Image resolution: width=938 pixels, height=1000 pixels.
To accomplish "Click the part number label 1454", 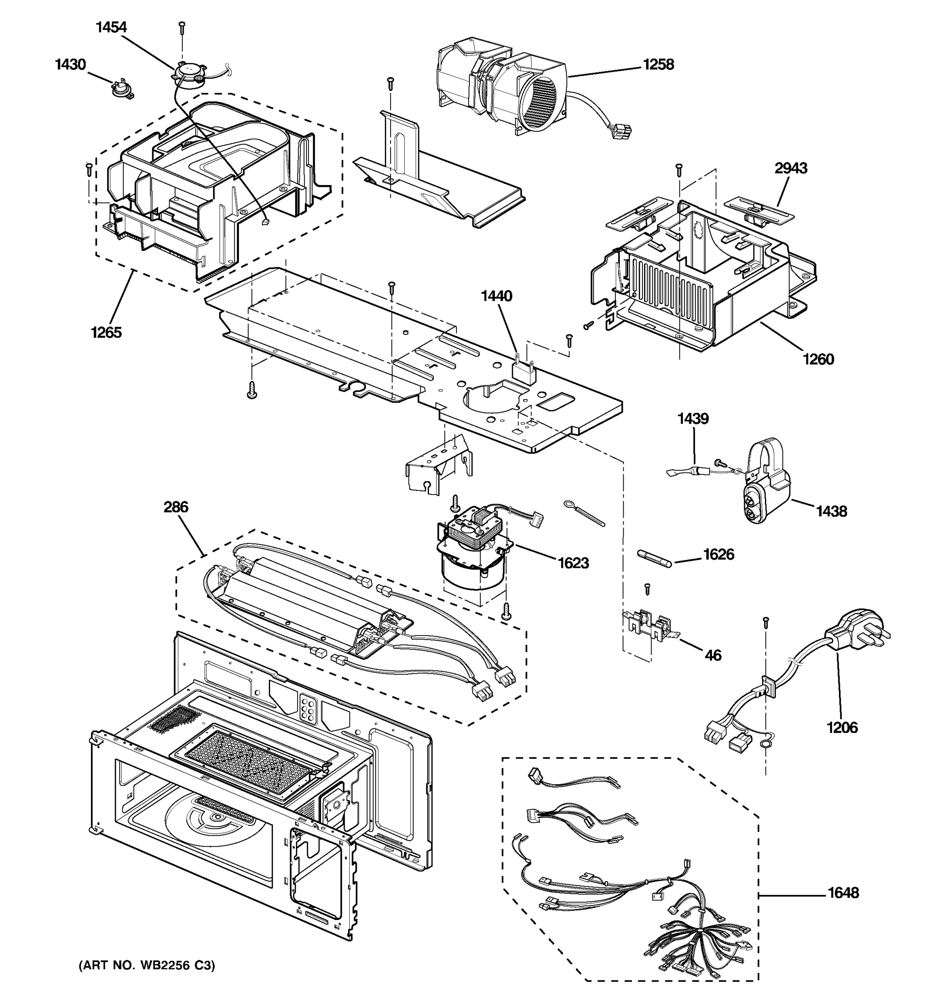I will [x=111, y=27].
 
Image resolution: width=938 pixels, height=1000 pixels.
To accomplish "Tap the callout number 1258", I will [x=658, y=65].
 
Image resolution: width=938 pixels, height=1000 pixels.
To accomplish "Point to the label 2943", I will [x=790, y=168].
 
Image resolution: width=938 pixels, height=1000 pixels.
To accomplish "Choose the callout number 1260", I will [x=818, y=359].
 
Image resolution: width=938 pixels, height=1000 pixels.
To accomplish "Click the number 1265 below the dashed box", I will [x=106, y=332].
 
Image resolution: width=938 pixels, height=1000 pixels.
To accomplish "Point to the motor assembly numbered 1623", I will [x=473, y=548].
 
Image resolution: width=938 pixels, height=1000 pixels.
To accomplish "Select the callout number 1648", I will [x=843, y=893].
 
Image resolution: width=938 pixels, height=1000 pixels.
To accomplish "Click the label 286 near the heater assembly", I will [x=176, y=507].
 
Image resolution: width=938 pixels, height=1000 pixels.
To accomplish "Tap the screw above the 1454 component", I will [x=182, y=27].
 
